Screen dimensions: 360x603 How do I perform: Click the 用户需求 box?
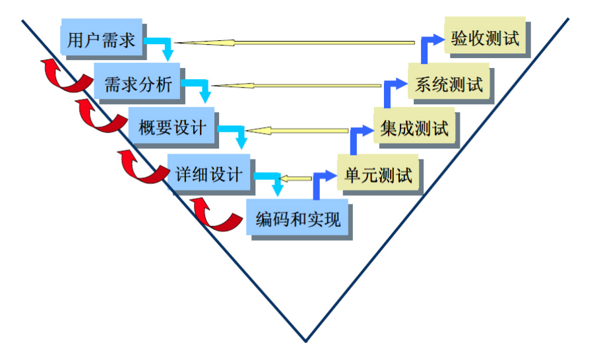[102, 40]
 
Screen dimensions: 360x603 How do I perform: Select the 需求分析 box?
[138, 84]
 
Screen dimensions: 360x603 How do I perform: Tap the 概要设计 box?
[173, 128]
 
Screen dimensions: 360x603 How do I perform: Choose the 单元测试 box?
[378, 175]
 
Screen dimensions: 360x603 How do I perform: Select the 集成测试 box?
[414, 128]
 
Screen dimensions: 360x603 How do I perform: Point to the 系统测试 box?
[449, 84]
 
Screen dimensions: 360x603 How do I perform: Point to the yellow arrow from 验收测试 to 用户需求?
[297, 44]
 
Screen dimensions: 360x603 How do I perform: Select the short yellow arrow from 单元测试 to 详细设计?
[295, 177]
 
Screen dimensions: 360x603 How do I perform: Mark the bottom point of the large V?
[305, 341]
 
